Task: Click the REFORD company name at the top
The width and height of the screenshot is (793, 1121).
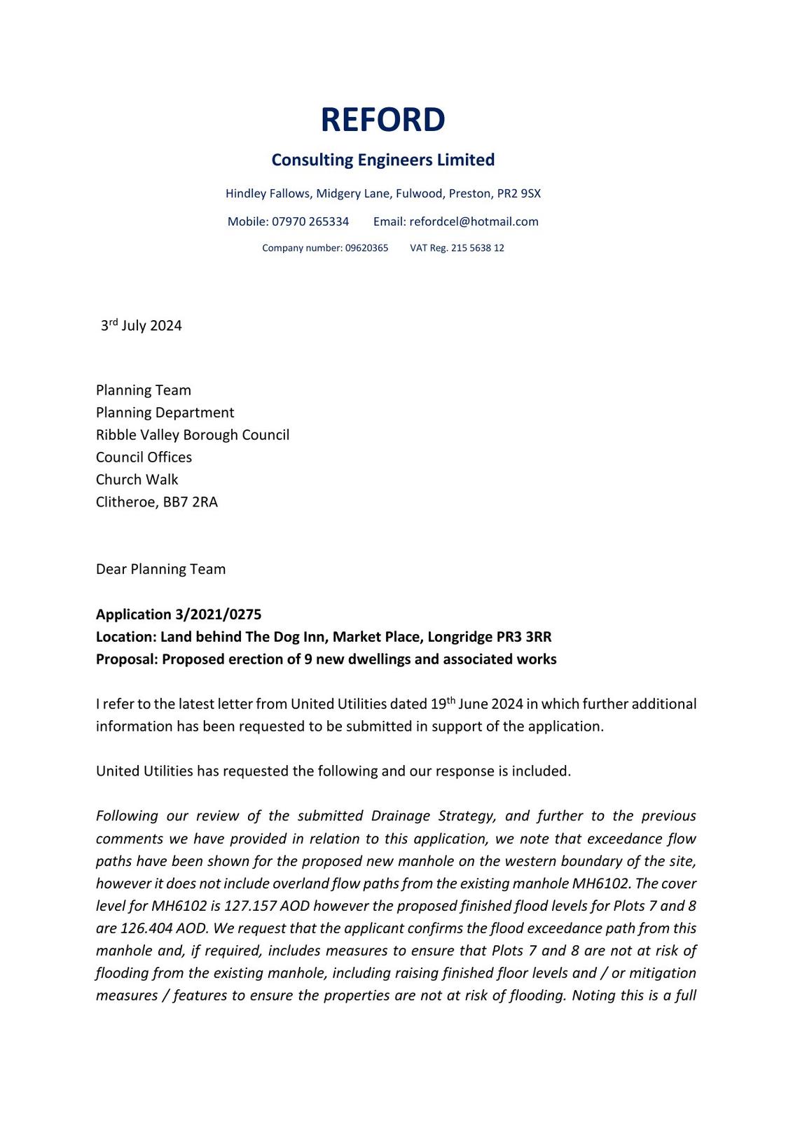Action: pos(382,120)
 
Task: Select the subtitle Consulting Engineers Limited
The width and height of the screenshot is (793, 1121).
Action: pos(382,160)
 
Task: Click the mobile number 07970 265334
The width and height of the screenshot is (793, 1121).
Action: pos(310,221)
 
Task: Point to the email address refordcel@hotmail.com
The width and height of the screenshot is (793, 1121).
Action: pos(474,221)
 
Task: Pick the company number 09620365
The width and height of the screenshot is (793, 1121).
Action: pos(366,248)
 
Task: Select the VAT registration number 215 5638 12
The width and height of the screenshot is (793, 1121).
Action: pos(477,248)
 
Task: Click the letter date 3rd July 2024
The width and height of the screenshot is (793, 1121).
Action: pos(142,325)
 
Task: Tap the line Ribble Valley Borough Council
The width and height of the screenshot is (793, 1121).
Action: pos(193,435)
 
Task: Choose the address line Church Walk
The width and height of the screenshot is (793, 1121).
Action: pos(137,480)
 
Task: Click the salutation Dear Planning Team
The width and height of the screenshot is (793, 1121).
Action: pos(160,569)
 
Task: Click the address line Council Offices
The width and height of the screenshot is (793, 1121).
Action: pos(144,458)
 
